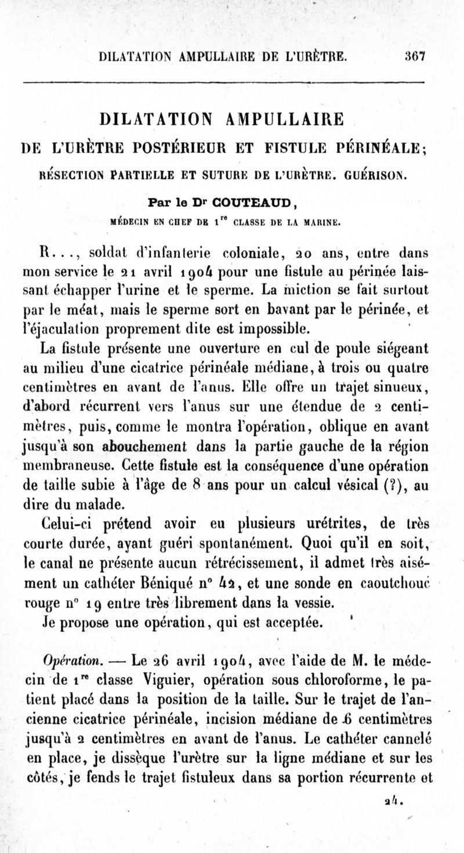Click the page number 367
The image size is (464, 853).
tap(416, 57)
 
